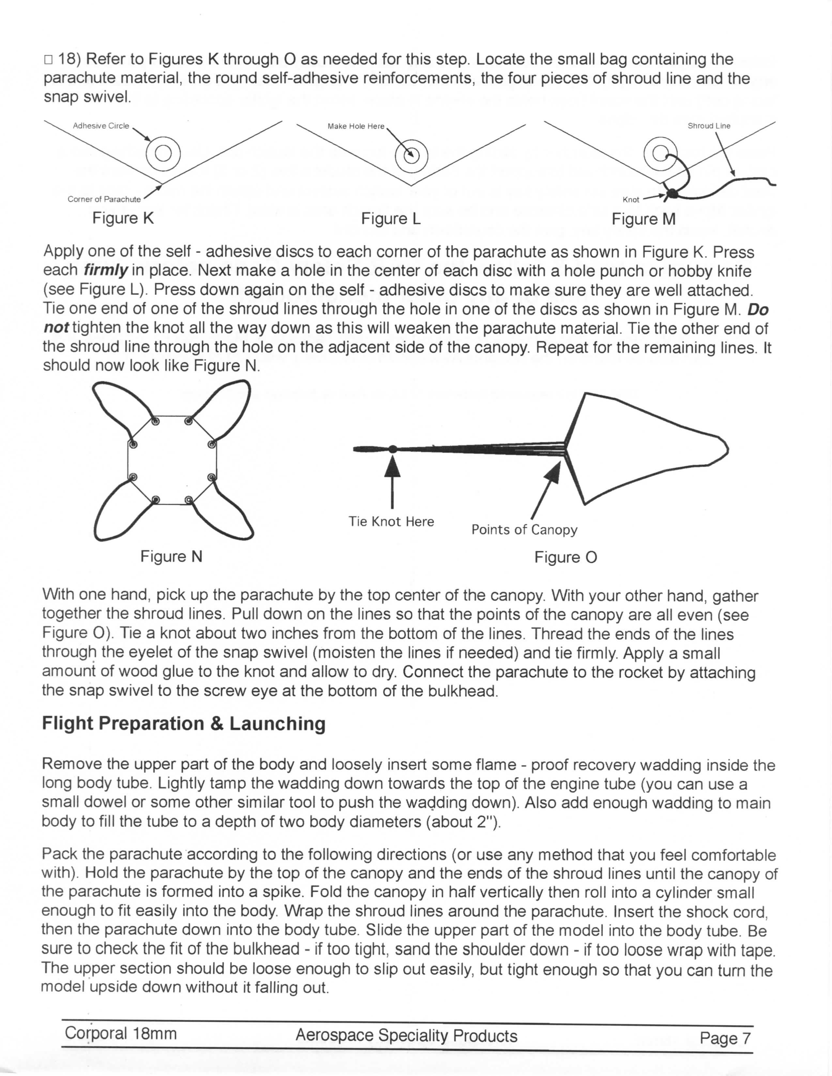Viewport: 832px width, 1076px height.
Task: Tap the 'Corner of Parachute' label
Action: (104, 199)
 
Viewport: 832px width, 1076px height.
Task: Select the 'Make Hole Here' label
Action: (356, 126)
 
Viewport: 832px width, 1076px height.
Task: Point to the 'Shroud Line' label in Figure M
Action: (709, 126)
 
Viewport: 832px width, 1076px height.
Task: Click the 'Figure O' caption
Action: (566, 557)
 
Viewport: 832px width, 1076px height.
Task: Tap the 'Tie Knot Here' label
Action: (391, 521)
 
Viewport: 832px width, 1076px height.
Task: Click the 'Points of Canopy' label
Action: (524, 530)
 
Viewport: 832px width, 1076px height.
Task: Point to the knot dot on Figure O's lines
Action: (393, 449)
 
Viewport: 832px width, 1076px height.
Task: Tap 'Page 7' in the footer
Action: (725, 1038)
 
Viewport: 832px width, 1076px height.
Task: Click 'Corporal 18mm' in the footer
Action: (120, 1033)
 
